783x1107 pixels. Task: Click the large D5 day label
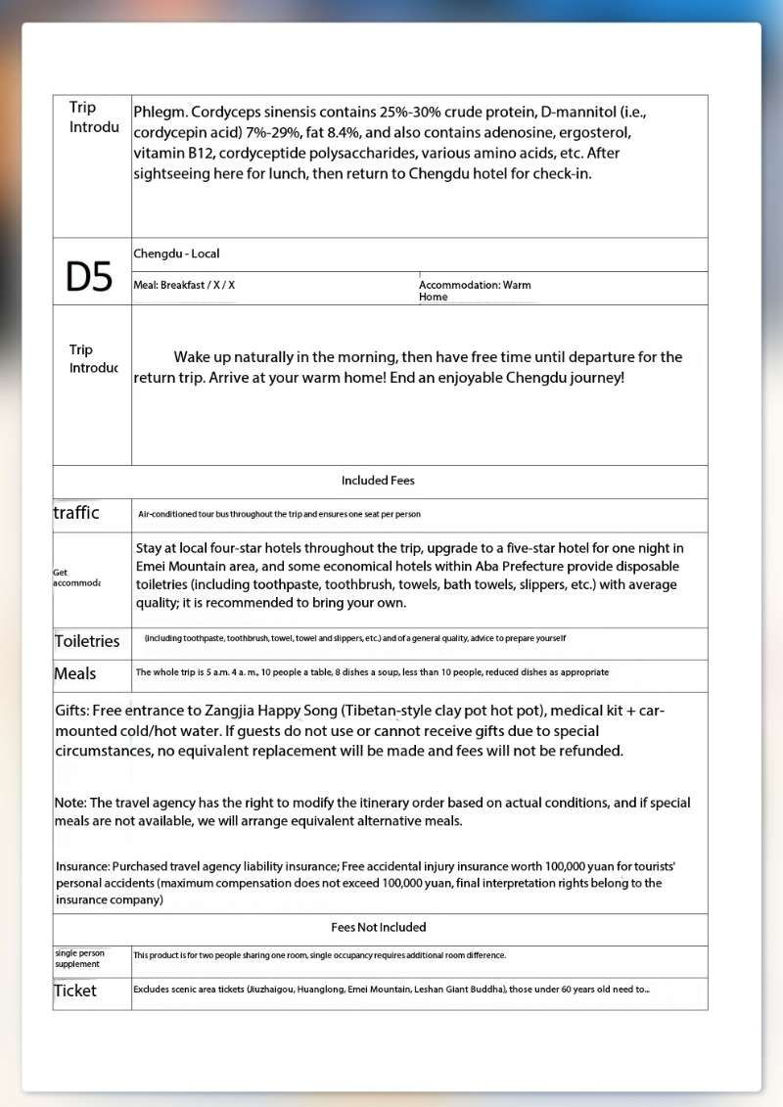tap(89, 277)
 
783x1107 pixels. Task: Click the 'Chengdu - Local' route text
tap(176, 254)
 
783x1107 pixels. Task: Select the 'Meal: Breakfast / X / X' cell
tap(184, 285)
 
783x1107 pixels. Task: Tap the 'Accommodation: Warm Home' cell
tap(475, 291)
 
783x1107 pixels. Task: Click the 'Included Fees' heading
tap(378, 481)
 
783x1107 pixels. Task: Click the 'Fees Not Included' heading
tap(379, 927)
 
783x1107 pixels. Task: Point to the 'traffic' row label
tap(76, 513)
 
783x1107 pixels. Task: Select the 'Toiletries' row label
tap(87, 641)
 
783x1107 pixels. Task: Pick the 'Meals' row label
tap(75, 673)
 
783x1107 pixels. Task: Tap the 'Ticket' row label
tap(75, 991)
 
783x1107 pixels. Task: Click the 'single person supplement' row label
tap(79, 958)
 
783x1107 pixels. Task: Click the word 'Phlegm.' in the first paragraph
tap(159, 112)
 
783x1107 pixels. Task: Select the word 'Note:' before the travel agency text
tap(70, 803)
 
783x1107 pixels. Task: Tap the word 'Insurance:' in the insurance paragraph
tap(83, 867)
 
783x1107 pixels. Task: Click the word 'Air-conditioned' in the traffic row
tap(166, 514)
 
